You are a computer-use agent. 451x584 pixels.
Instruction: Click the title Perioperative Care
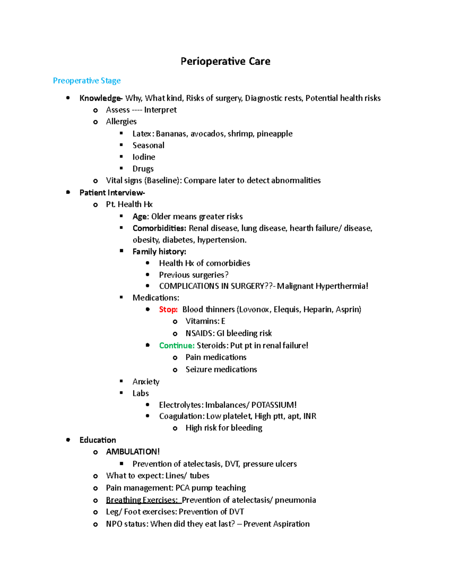[225, 61]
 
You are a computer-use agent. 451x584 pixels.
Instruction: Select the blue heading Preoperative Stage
[87, 80]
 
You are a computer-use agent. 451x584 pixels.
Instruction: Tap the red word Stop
[168, 309]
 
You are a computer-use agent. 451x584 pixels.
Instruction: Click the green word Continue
[177, 346]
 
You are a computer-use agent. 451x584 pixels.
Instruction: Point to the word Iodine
[144, 157]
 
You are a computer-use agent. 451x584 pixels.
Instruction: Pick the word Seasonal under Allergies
[148, 146]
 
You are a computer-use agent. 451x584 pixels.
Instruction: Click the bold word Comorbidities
[159, 228]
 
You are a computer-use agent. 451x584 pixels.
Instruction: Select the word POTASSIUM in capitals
[274, 405]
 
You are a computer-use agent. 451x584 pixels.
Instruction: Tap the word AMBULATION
[132, 452]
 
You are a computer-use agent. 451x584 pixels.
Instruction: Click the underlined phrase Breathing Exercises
[142, 500]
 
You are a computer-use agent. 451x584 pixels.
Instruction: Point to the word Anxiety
[146, 382]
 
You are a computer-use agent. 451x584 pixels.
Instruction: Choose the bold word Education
[98, 440]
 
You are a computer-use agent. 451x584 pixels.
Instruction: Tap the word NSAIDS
[200, 333]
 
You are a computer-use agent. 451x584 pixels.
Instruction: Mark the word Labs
[141, 393]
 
